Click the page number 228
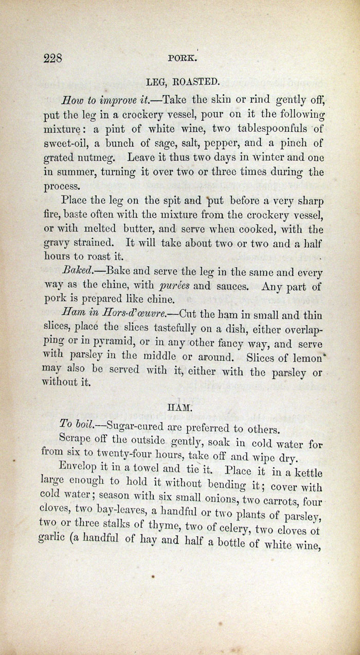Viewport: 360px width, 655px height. point(52,58)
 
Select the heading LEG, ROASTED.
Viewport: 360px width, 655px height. point(183,81)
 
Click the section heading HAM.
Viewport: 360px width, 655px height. point(180,408)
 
